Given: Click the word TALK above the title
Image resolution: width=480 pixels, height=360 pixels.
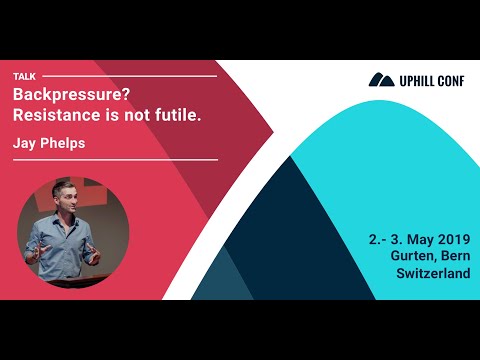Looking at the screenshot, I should pos(25,76).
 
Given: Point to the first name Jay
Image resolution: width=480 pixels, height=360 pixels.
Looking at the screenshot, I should pos(26,144).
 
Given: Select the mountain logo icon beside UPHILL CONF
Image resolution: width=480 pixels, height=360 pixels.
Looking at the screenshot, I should pos(381,79).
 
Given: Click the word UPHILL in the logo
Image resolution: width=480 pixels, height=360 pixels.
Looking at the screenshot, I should pos(418,79).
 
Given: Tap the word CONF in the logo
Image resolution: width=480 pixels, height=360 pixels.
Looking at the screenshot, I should pos(455,79).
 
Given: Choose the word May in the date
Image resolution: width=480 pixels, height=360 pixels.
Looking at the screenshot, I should pos(411,239).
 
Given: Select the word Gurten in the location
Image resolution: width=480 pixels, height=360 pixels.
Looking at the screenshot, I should pos(413,256).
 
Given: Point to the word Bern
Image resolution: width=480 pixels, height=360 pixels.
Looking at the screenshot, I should pos(454,256).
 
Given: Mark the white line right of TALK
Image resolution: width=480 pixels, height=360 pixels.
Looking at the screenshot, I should pos(130,76).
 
